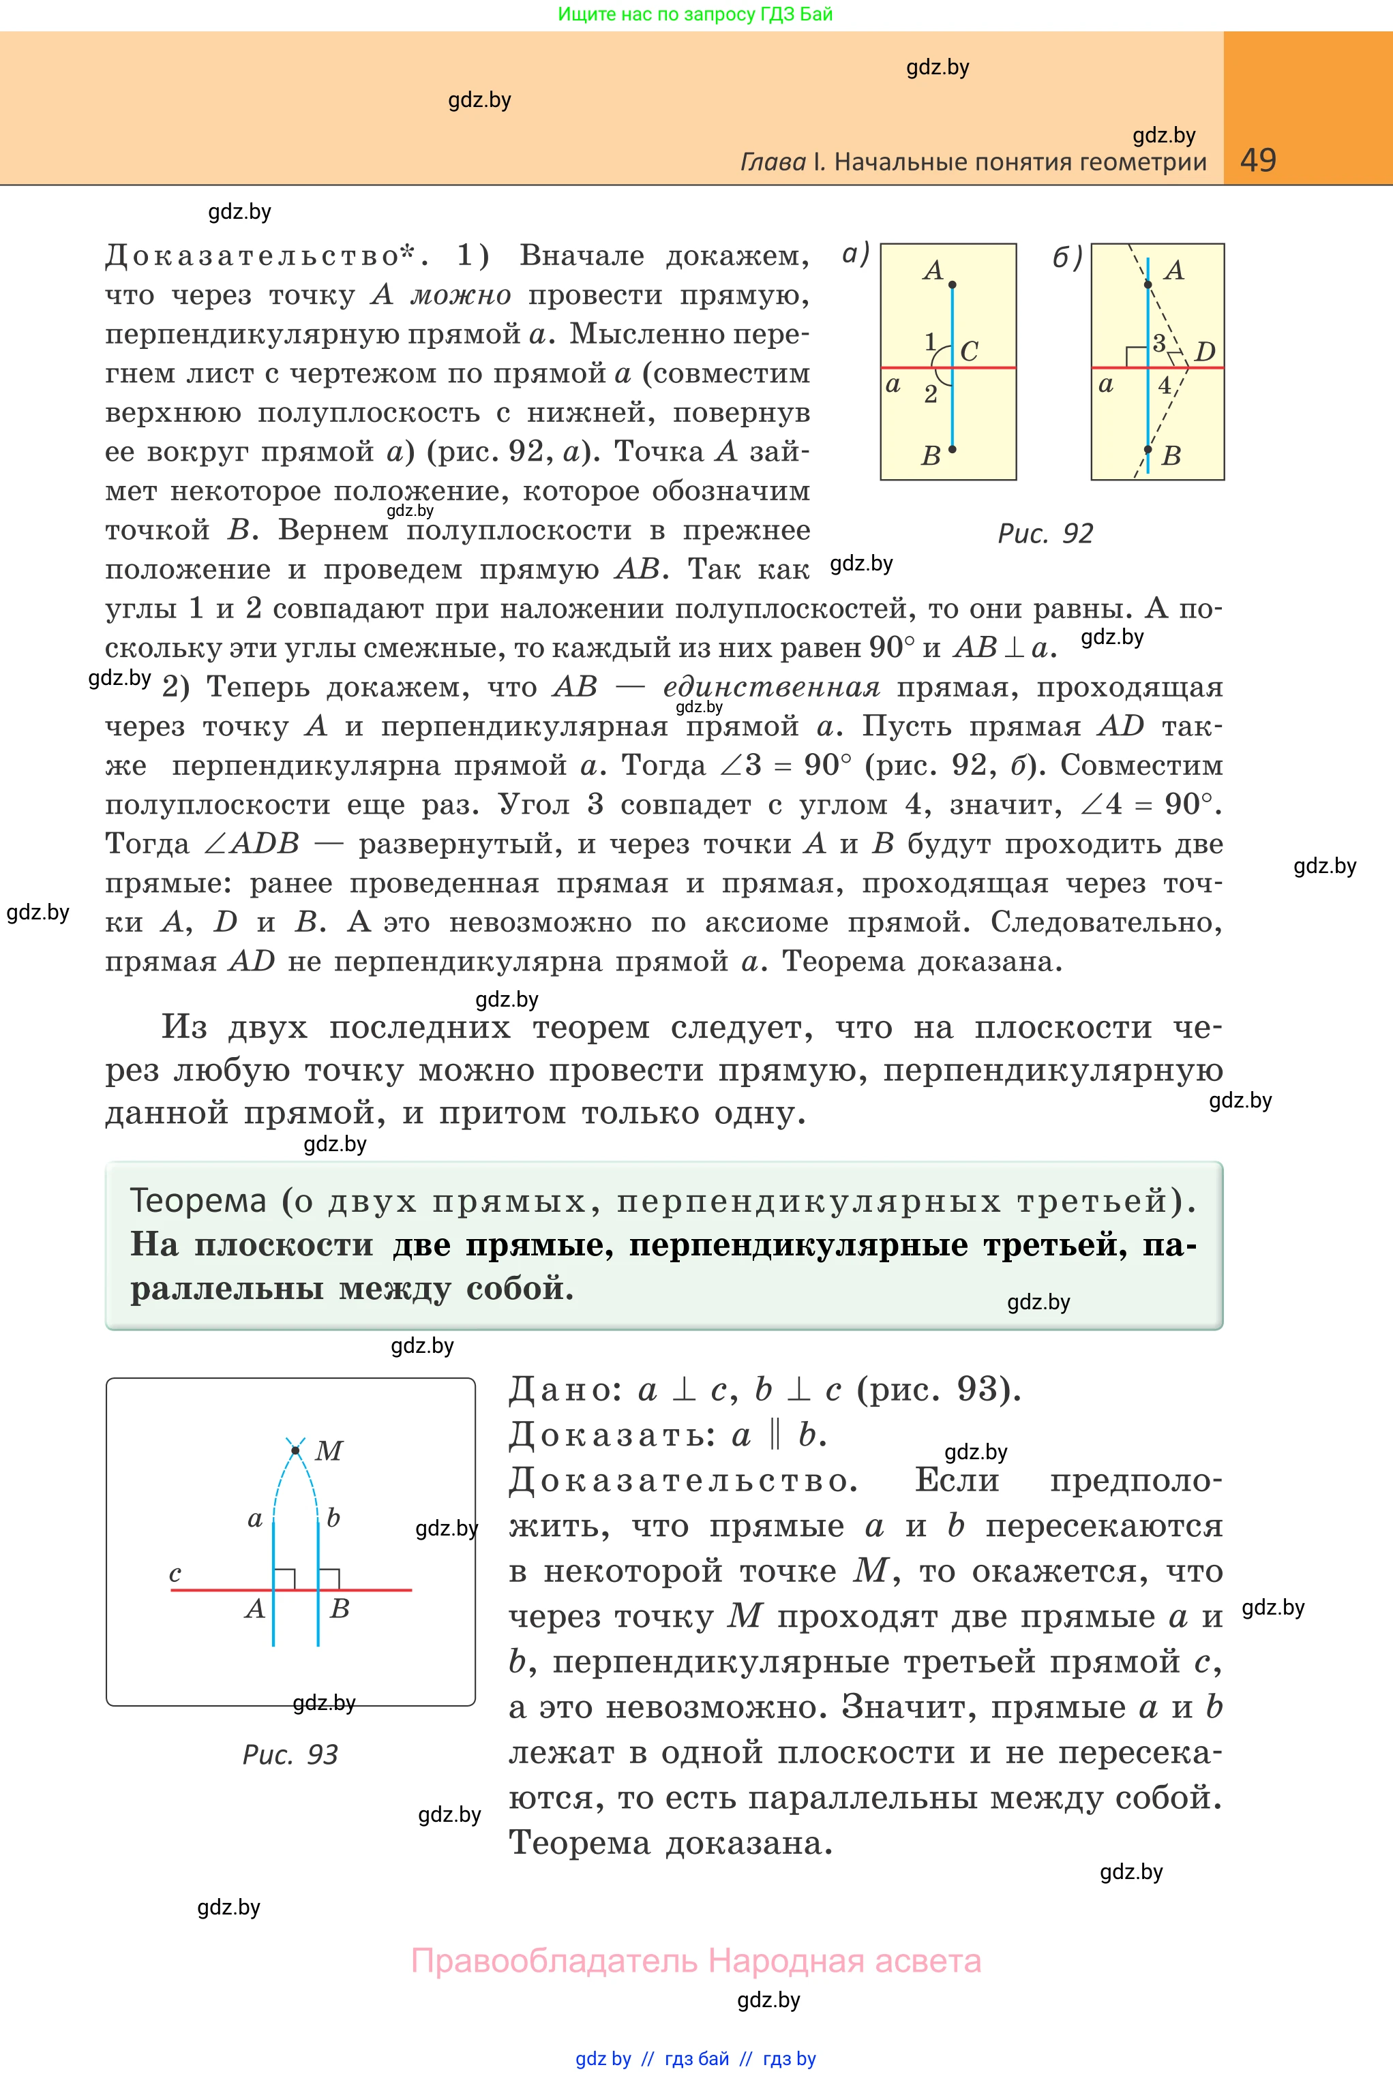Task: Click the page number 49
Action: [1257, 160]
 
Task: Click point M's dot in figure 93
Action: [295, 1451]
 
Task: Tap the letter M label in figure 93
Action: [329, 1451]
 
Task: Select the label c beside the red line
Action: [175, 1574]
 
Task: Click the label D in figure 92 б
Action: [1205, 352]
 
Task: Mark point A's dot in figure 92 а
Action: [953, 285]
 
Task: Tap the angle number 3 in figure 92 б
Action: [1158, 344]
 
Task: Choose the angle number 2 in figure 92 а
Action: [930, 394]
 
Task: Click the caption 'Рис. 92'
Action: [1045, 534]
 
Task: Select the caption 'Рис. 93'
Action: [290, 1754]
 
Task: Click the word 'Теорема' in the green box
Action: [198, 1200]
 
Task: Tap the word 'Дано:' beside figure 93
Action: [565, 1390]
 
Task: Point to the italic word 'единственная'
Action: [771, 687]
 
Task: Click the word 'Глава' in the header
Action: [773, 162]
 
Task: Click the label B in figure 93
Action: [340, 1608]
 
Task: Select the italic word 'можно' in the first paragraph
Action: [460, 295]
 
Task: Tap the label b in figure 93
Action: [333, 1518]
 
